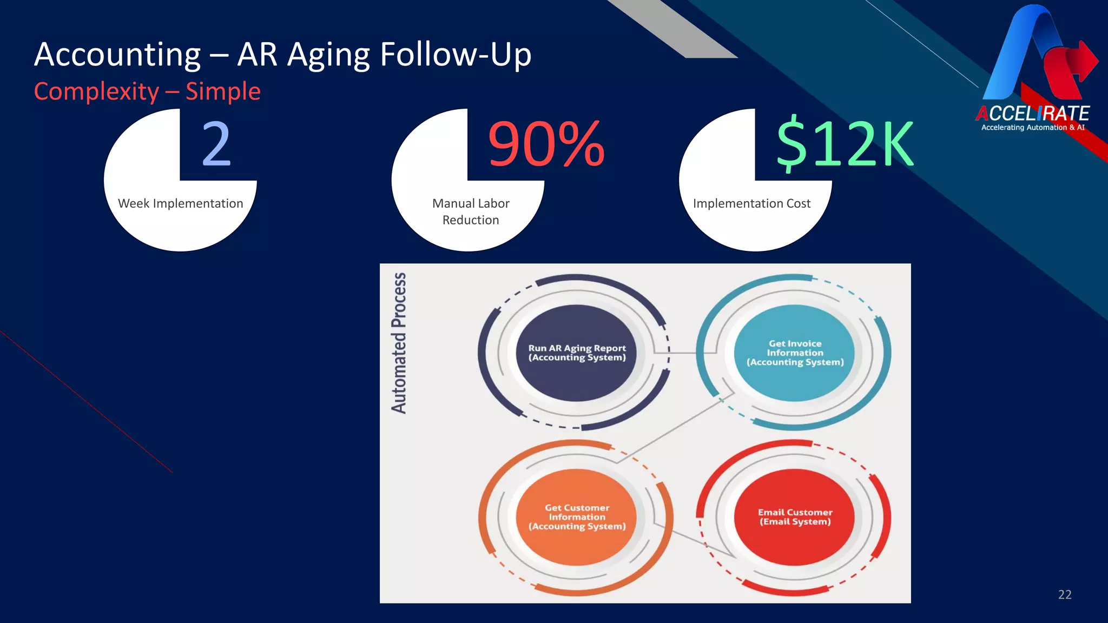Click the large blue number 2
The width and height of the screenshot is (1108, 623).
(216, 144)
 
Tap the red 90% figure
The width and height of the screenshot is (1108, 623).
(546, 144)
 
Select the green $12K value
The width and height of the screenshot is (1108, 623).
(845, 144)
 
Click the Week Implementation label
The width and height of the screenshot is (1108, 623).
(180, 204)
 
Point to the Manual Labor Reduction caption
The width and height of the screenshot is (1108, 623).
(470, 211)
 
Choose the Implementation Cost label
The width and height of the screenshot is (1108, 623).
(751, 204)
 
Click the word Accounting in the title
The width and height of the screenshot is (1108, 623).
(117, 55)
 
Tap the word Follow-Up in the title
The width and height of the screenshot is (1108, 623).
(456, 55)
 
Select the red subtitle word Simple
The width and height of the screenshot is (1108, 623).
(223, 91)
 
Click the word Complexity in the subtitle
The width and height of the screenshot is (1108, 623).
(96, 91)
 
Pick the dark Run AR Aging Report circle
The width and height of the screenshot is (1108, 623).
(577, 353)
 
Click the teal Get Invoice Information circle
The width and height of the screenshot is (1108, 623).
(795, 353)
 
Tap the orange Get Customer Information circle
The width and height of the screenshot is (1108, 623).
(577, 517)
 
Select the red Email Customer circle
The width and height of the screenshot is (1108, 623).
(795, 517)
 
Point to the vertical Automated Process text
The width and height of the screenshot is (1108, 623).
(399, 343)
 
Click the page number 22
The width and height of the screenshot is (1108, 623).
(1064, 595)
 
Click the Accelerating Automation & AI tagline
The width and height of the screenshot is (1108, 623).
(1032, 128)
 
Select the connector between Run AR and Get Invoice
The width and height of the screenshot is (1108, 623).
(683, 353)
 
